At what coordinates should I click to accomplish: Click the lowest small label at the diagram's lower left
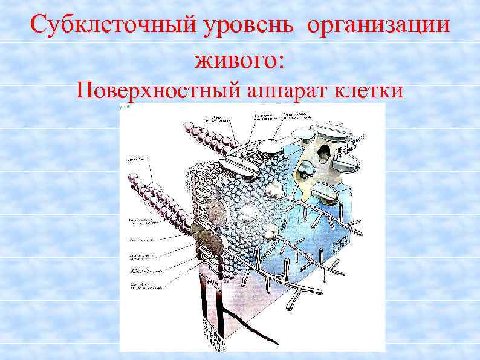point(144,285)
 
